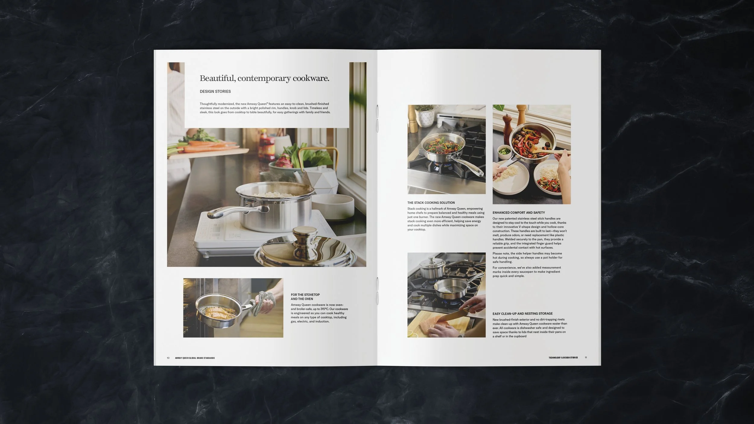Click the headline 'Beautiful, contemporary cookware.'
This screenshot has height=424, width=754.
(264, 78)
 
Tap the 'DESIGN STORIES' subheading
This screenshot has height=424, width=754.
(215, 91)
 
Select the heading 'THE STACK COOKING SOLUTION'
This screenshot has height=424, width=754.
(431, 203)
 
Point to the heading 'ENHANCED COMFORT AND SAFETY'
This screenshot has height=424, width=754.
(523, 213)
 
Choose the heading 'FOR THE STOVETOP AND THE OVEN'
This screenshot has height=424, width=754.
(305, 297)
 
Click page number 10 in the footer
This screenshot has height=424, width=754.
(168, 358)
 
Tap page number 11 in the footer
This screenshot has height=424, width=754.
(586, 358)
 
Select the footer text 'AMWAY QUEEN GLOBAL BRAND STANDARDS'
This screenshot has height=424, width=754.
(195, 358)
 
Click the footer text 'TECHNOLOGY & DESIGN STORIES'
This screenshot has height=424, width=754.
(563, 358)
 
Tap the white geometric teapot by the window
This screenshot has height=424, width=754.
(320, 180)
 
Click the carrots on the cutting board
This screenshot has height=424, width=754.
(211, 147)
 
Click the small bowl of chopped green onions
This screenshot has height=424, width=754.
(503, 150)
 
